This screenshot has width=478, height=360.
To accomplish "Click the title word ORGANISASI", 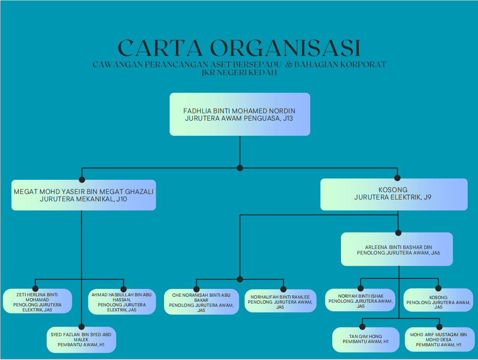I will pyautogui.click(x=285, y=48).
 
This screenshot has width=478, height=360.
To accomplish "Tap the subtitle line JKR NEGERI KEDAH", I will pyautogui.click(x=239, y=72).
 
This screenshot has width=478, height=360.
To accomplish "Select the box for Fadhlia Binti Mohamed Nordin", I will pyautogui.click(x=240, y=114).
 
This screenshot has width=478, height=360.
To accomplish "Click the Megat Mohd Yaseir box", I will pyautogui.click(x=83, y=194).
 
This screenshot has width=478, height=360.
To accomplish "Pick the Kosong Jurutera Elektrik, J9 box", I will pyautogui.click(x=394, y=194).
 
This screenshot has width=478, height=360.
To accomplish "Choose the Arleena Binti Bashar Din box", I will pyautogui.click(x=397, y=249).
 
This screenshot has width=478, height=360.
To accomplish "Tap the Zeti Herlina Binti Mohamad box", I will pyautogui.click(x=37, y=301).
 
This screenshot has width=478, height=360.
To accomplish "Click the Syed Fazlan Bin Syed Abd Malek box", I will pyautogui.click(x=81, y=339).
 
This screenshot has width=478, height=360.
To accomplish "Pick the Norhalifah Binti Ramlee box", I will pyautogui.click(x=280, y=301).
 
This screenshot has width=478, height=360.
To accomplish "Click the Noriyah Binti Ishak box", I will pyautogui.click(x=361, y=300).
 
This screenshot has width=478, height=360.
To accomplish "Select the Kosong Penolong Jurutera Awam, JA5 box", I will pyautogui.click(x=439, y=300).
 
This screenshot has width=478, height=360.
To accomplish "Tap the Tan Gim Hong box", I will pyautogui.click(x=366, y=339).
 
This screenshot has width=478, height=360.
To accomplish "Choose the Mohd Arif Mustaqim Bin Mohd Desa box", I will pyautogui.click(x=439, y=339).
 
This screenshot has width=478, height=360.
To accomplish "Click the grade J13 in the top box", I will pyautogui.click(x=288, y=118).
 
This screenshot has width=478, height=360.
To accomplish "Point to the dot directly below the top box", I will pyautogui.click(x=240, y=168).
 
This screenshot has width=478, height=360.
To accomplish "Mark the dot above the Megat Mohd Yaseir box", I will pyautogui.click(x=82, y=179).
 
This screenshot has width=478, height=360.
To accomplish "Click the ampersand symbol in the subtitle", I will pyautogui.click(x=289, y=65).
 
